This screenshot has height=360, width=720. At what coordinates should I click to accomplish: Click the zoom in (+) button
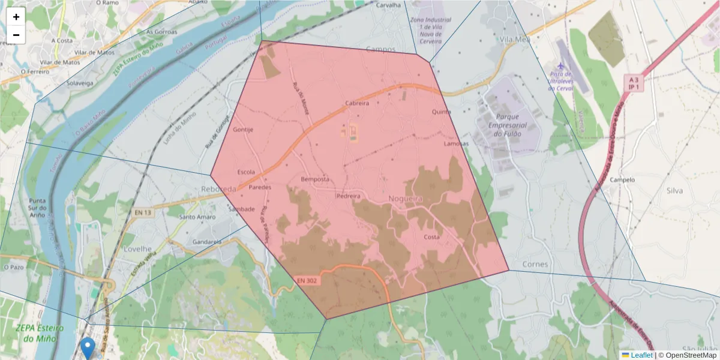tap(16, 17)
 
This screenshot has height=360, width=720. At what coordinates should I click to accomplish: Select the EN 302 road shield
tap(307, 280)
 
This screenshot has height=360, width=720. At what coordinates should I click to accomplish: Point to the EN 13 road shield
tap(143, 212)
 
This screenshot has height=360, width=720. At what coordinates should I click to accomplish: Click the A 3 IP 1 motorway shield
tap(632, 83)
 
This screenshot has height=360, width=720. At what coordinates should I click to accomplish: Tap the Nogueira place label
tap(406, 198)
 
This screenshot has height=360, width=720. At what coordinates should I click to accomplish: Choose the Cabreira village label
tap(357, 103)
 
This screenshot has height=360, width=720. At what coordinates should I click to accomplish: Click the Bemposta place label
tap(315, 179)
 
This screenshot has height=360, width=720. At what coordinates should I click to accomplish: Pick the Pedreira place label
tap(348, 196)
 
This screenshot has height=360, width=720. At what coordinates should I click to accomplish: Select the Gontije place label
tap(243, 130)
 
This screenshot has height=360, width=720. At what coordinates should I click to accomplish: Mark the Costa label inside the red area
tap(431, 237)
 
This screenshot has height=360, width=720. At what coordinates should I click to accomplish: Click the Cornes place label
tap(535, 264)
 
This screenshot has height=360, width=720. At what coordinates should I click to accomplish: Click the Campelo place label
tap(622, 179)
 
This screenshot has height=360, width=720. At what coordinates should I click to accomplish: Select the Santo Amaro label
tap(197, 217)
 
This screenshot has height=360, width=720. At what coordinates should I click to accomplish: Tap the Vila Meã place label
tap(515, 40)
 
